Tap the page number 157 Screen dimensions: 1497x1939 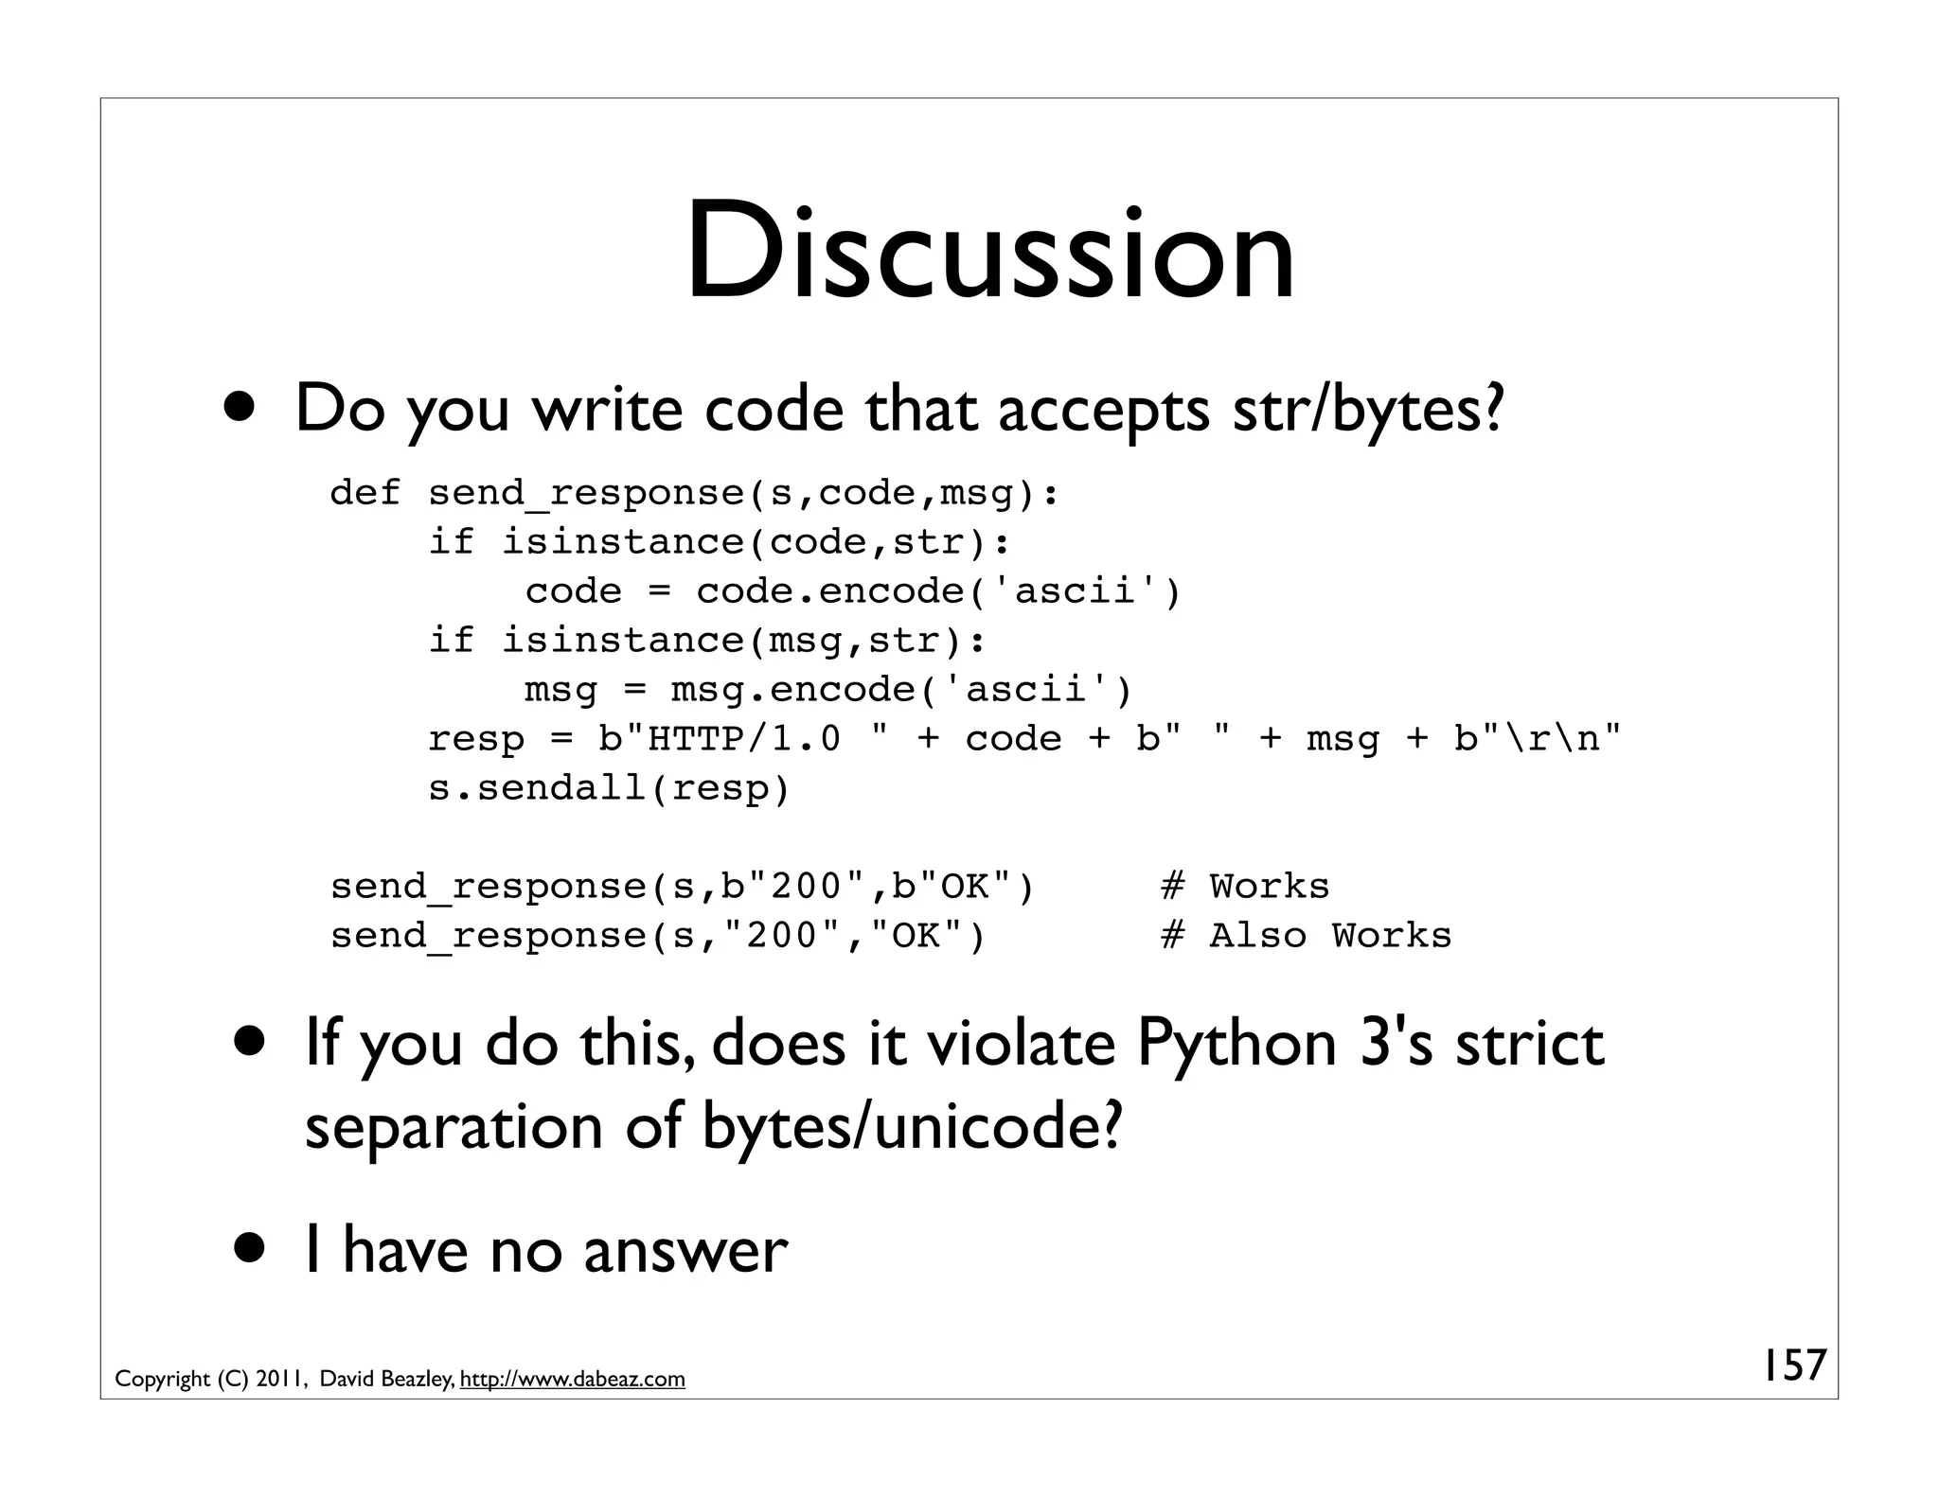pyautogui.click(x=1792, y=1365)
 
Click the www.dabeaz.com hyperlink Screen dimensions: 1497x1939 pyautogui.click(x=572, y=1379)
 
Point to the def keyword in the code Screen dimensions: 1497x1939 pyautogui.click(x=365, y=493)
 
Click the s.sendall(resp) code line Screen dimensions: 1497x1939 pyautogui.click(x=609, y=788)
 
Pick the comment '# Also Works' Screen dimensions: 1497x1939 pyautogui.click(x=1306, y=936)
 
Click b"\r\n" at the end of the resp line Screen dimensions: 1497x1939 pyautogui.click(x=1538, y=739)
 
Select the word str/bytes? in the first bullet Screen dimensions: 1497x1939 pyautogui.click(x=1367, y=409)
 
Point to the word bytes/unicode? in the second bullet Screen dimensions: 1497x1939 pyautogui.click(x=913, y=1127)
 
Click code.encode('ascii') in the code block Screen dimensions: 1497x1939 pyautogui.click(x=938, y=591)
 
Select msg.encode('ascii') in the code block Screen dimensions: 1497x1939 pyautogui.click(x=901, y=690)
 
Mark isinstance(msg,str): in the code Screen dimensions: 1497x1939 pyautogui.click(x=743, y=641)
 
